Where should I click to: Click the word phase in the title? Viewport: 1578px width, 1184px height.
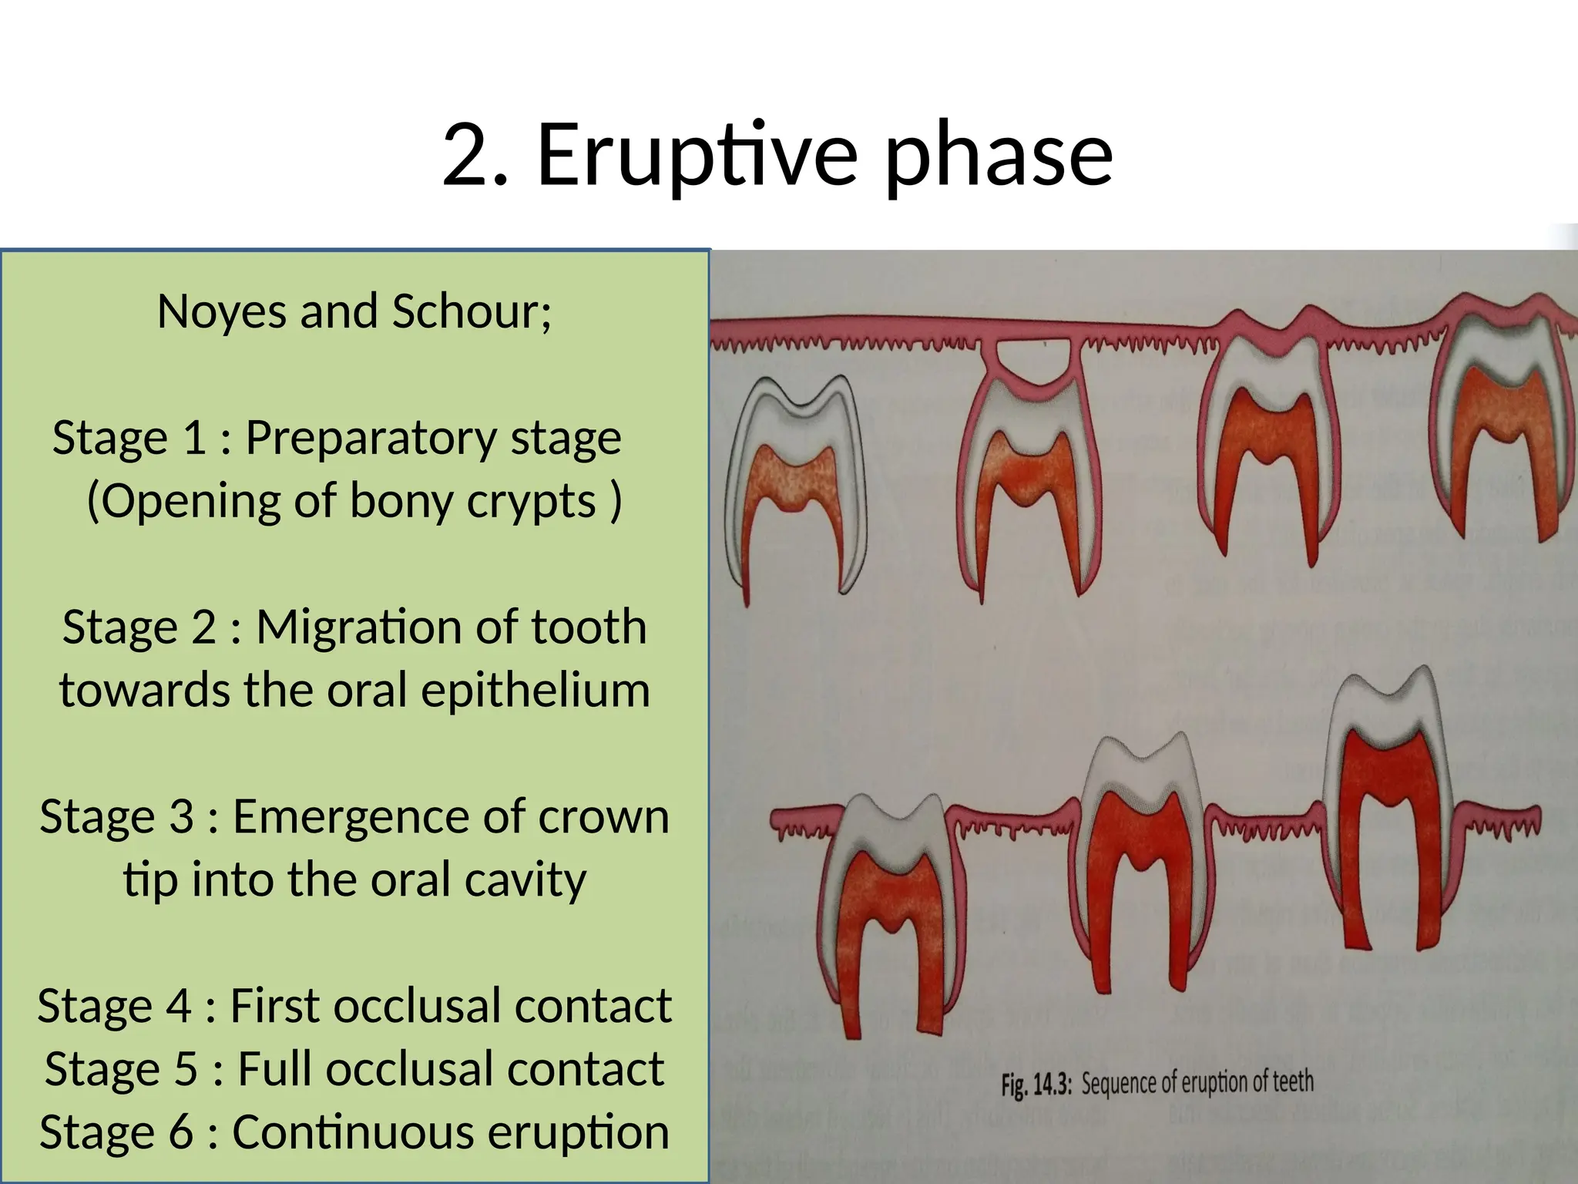pyautogui.click(x=999, y=157)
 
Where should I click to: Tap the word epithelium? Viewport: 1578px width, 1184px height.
pyautogui.click(x=535, y=691)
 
